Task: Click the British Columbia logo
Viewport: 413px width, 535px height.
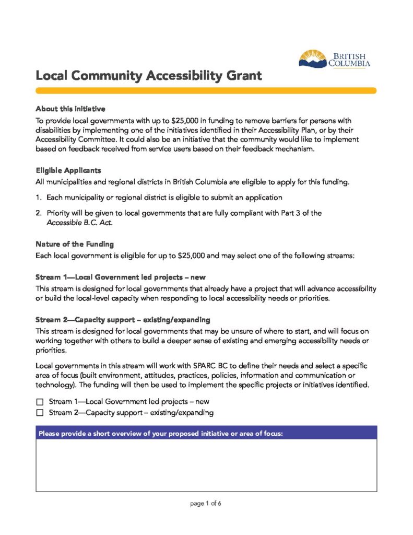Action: click(334, 59)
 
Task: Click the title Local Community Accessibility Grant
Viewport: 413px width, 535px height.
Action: click(148, 76)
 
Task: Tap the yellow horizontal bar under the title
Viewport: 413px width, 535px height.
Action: click(206, 90)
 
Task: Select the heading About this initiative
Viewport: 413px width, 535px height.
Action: click(70, 109)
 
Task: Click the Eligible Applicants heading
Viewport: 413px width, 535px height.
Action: click(68, 171)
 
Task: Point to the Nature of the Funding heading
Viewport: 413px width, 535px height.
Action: click(75, 244)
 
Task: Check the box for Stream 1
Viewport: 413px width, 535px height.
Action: click(40, 402)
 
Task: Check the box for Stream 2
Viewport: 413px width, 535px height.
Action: click(40, 413)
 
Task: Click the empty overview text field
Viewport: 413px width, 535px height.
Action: click(206, 465)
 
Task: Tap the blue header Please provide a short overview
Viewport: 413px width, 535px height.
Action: click(206, 433)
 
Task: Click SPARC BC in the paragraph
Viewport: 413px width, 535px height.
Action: click(214, 366)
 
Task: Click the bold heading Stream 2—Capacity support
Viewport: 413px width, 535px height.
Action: click(123, 319)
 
